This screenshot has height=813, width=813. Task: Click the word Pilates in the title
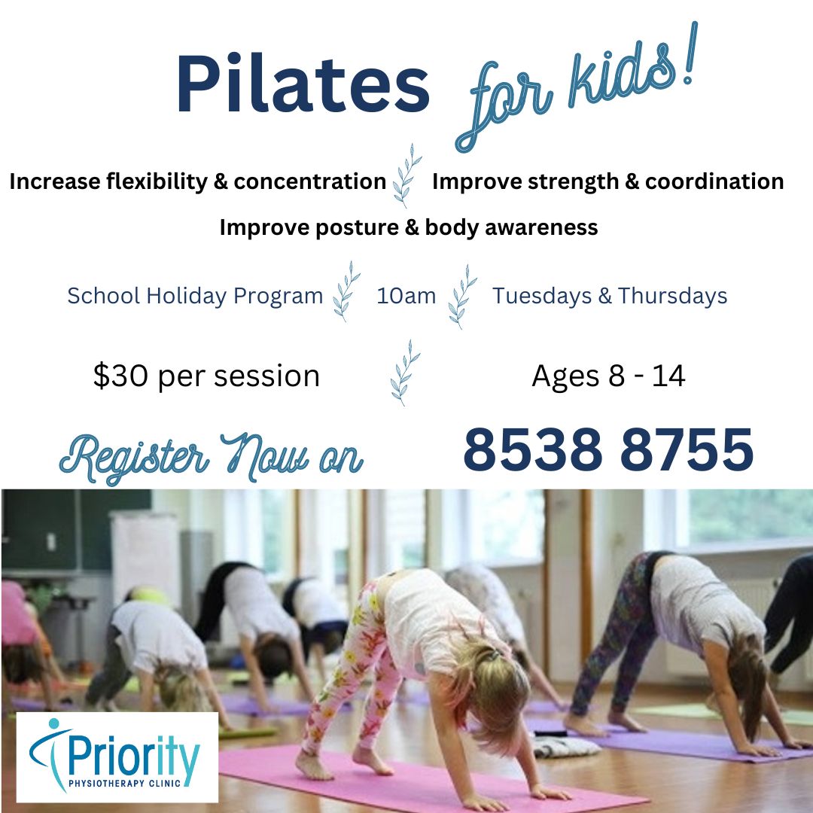(303, 83)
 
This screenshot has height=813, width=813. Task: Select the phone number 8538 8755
(608, 449)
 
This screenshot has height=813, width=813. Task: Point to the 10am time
(406, 296)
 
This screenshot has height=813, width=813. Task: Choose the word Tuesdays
(542, 296)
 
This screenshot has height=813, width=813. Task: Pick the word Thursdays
(672, 296)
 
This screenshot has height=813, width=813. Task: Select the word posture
(357, 228)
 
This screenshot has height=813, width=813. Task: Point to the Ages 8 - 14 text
(609, 376)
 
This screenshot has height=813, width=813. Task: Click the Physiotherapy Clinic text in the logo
(124, 783)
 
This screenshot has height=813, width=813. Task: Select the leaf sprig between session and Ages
(405, 373)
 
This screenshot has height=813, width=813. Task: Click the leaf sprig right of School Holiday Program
(346, 291)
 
